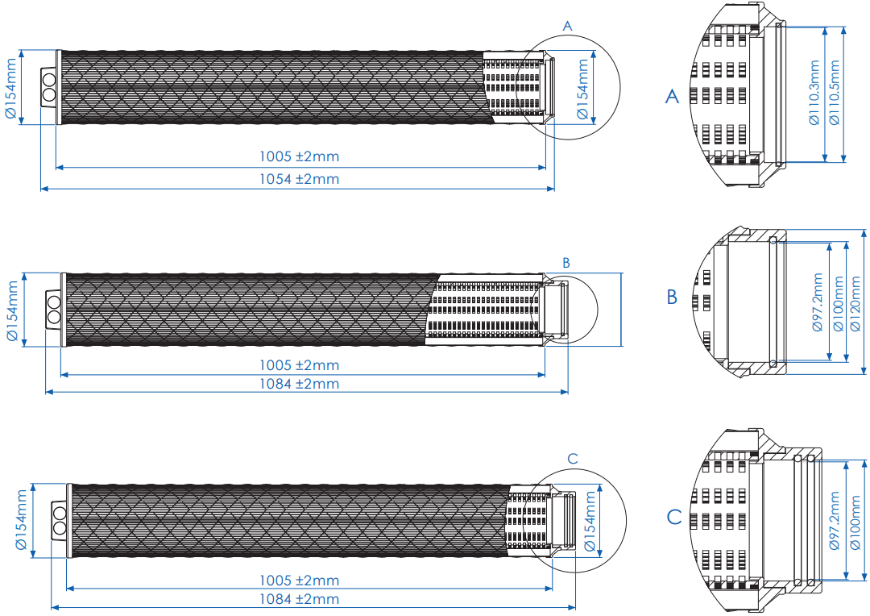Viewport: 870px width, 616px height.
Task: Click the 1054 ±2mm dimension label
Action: (299, 179)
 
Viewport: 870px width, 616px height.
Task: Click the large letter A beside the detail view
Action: (673, 97)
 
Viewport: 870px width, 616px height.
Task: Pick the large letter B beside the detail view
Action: (673, 298)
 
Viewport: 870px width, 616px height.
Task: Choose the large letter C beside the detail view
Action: (674, 517)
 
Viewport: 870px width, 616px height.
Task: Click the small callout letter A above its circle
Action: (567, 27)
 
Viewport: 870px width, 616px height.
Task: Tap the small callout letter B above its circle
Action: (566, 263)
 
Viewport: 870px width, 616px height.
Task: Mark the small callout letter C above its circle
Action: (573, 459)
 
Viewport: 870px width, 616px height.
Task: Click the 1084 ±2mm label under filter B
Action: (299, 383)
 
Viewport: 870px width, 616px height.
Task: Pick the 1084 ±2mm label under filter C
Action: (299, 599)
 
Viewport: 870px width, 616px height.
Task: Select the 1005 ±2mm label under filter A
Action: (299, 156)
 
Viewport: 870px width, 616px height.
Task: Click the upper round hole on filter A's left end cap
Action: (49, 81)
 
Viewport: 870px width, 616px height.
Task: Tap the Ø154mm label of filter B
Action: (13, 311)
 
